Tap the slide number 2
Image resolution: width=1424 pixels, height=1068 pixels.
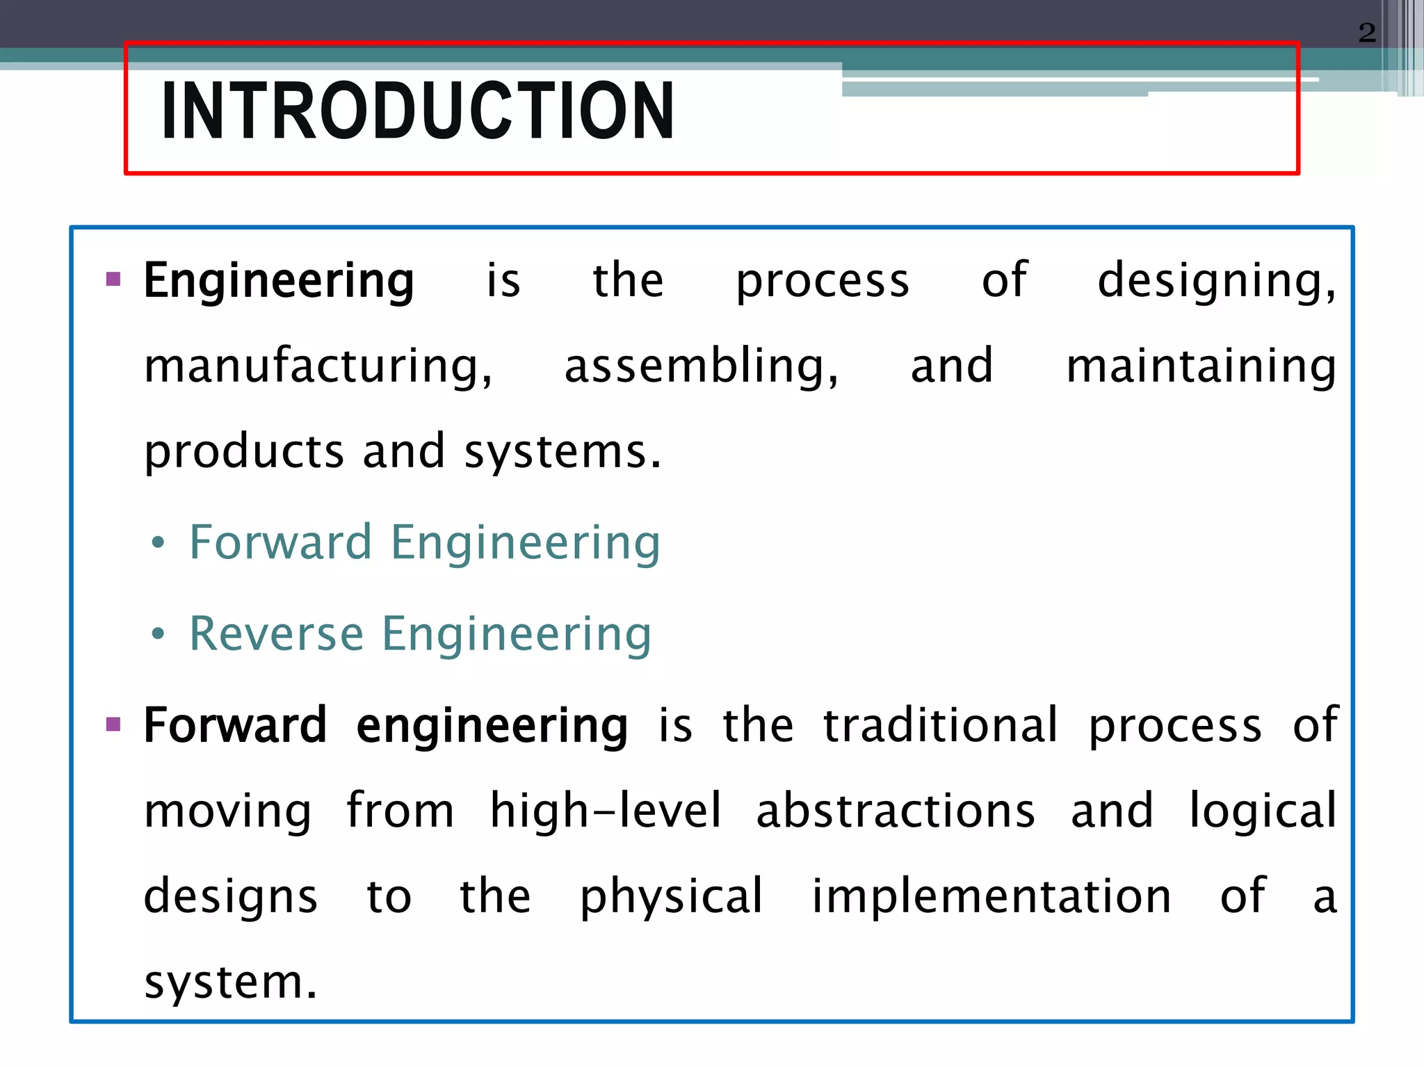(x=1366, y=33)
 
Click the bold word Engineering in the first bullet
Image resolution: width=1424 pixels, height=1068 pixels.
(x=279, y=281)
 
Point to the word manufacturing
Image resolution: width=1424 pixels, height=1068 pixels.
(x=318, y=366)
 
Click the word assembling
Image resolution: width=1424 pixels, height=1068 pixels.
(x=701, y=366)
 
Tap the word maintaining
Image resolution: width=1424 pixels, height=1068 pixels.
(x=1201, y=366)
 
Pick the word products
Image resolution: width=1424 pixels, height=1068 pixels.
(x=244, y=452)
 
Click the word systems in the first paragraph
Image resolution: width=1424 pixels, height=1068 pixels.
(x=562, y=452)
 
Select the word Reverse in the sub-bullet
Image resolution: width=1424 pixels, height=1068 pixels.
(x=277, y=634)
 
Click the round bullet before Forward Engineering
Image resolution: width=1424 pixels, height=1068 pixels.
(x=159, y=543)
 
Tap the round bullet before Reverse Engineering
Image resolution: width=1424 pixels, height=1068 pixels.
(x=159, y=634)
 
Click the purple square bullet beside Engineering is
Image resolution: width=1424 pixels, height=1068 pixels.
(x=113, y=280)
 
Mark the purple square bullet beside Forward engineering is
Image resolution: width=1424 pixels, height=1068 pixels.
(x=113, y=725)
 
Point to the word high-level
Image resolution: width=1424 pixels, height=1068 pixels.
(x=606, y=811)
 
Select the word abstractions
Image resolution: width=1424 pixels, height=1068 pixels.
(x=896, y=811)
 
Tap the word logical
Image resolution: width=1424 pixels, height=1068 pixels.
(x=1263, y=811)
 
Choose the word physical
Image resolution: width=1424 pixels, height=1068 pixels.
(x=672, y=896)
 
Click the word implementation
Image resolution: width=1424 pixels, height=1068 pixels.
(x=992, y=896)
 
